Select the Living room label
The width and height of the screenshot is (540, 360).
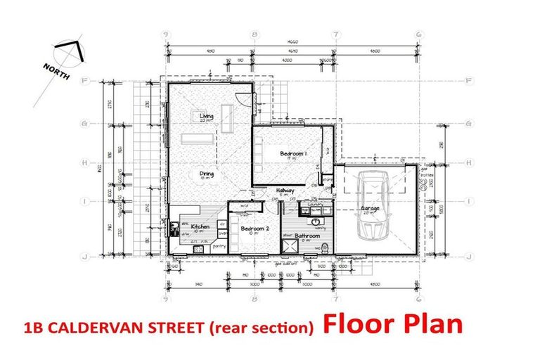[206, 117]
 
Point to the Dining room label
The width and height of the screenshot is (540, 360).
[206, 174]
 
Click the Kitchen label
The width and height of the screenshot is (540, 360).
[200, 227]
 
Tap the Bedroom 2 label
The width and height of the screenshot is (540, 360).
[251, 229]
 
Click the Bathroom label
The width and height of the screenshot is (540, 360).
[307, 236]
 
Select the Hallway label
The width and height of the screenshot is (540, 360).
[285, 191]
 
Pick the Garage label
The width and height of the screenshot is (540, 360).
[371, 209]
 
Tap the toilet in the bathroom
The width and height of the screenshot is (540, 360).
[326, 247]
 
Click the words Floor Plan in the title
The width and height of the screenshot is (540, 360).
[393, 324]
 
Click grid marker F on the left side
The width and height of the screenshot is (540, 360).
[84, 81]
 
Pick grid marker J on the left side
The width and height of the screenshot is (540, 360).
[84, 256]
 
